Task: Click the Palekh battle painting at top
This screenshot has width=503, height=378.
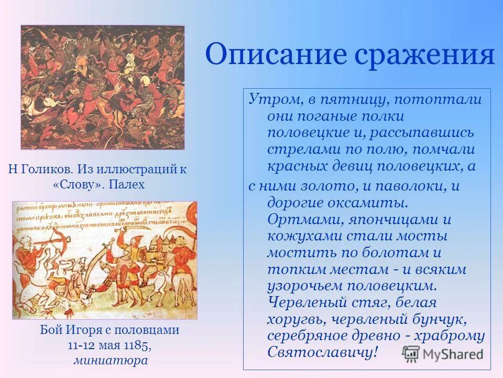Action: pyautogui.click(x=103, y=87)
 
